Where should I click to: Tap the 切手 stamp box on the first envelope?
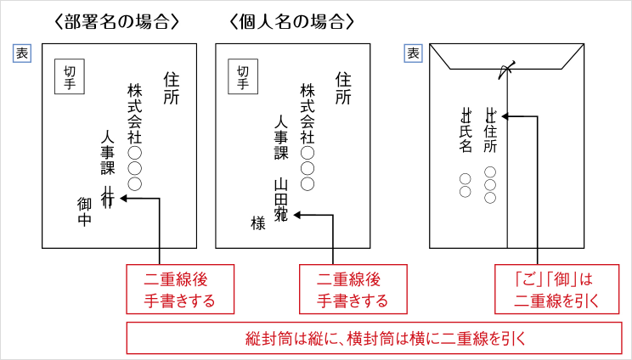point(71,77)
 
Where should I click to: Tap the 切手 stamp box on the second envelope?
point(244,77)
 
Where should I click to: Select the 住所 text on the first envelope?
point(170,87)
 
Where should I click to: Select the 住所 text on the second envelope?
point(342,87)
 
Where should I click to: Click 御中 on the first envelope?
point(84,212)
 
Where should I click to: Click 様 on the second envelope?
point(258,222)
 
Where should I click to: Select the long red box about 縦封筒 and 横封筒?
point(370,337)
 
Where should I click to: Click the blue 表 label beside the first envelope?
point(21,53)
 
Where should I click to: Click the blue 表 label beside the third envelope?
point(414,53)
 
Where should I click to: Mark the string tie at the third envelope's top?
point(507,68)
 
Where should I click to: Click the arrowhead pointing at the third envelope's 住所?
point(505,116)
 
